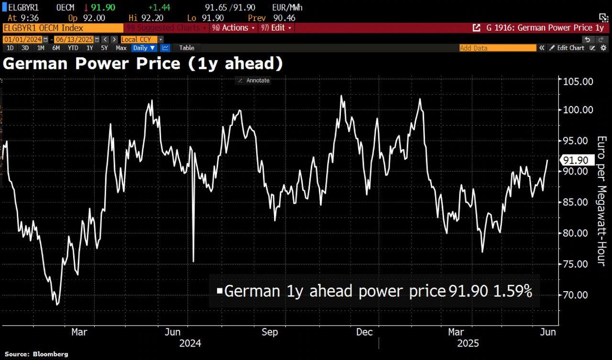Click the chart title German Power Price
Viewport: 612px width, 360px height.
(142, 63)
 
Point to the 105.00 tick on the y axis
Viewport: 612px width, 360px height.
(578, 81)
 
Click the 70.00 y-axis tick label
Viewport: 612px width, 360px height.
(577, 295)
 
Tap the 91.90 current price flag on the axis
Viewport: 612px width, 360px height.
(575, 160)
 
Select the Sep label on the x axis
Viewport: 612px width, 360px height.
(270, 332)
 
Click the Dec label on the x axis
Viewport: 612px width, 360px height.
(364, 332)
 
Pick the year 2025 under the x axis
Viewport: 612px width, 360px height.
(468, 343)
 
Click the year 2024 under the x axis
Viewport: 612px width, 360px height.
(190, 343)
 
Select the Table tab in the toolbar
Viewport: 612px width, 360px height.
(186, 48)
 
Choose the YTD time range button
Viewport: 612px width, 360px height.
(73, 48)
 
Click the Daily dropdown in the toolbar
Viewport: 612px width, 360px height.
(143, 48)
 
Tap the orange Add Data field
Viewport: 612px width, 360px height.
(497, 48)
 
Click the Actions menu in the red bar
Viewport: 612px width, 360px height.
(234, 28)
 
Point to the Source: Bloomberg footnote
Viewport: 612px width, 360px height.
(36, 354)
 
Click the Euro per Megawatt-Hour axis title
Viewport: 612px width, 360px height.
(601, 201)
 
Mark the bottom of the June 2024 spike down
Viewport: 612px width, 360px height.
(193, 261)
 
